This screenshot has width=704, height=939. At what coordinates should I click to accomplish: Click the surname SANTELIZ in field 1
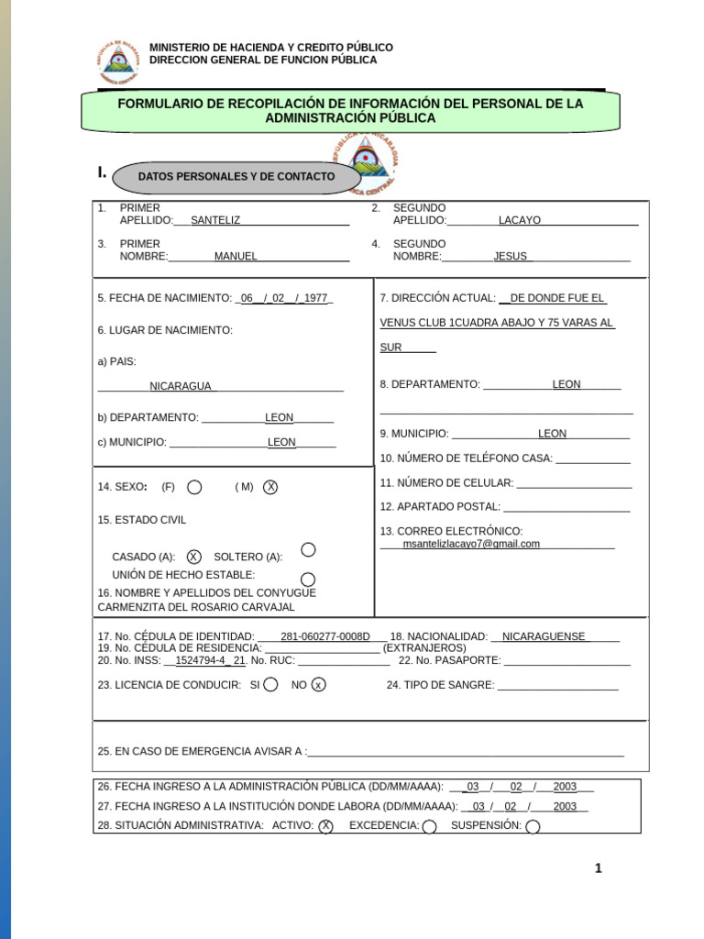pyautogui.click(x=215, y=220)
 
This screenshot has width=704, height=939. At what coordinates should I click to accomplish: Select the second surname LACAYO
pyautogui.click(x=520, y=220)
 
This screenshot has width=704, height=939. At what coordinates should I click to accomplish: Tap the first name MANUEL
pyautogui.click(x=236, y=256)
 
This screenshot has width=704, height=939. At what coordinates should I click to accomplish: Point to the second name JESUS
pyautogui.click(x=511, y=256)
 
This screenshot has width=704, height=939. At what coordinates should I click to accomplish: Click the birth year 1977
pyautogui.click(x=315, y=298)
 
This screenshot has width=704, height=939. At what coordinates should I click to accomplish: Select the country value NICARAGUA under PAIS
pyautogui.click(x=181, y=386)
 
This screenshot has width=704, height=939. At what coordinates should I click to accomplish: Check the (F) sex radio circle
pyautogui.click(x=194, y=487)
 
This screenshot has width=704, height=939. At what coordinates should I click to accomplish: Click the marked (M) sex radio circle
pyautogui.click(x=270, y=487)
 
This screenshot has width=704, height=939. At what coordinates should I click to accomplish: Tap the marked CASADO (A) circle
pyautogui.click(x=193, y=557)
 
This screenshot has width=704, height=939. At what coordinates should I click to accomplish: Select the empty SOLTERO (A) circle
pyautogui.click(x=309, y=549)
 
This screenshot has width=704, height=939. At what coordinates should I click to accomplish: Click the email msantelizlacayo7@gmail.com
pyautogui.click(x=471, y=543)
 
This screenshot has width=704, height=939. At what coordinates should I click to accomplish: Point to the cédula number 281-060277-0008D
pyautogui.click(x=324, y=636)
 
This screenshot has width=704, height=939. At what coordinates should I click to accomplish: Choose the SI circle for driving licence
pyautogui.click(x=270, y=685)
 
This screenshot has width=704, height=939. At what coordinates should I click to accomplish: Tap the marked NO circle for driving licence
pyautogui.click(x=318, y=685)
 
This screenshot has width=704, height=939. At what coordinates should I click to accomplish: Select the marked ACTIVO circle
pyautogui.click(x=325, y=826)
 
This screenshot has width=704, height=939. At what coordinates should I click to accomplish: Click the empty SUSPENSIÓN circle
pyautogui.click(x=533, y=826)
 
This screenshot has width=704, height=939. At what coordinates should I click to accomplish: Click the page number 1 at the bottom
pyautogui.click(x=598, y=869)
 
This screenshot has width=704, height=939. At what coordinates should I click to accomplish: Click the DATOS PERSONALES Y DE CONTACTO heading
pyautogui.click(x=236, y=176)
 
